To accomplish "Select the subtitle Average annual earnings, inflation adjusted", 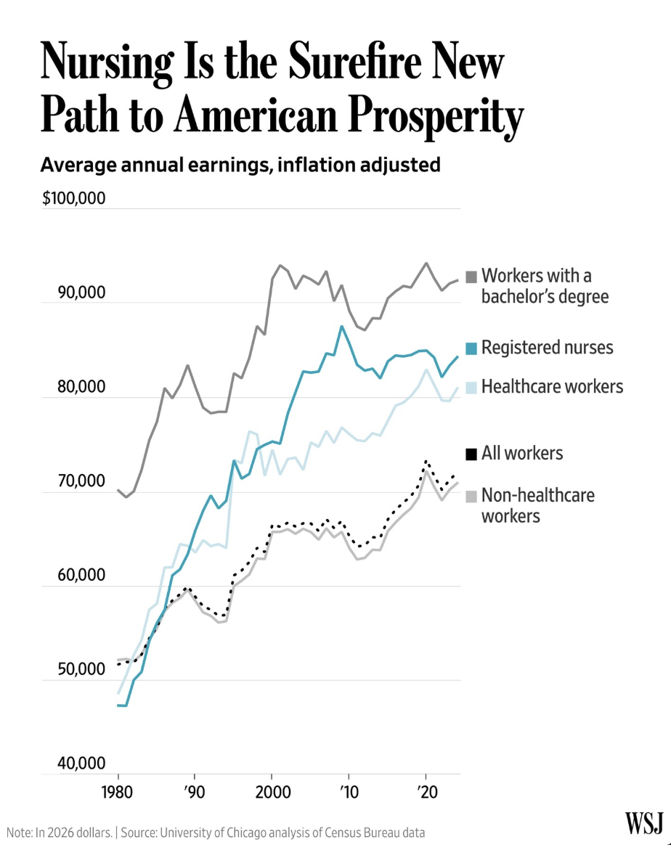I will (x=240, y=165).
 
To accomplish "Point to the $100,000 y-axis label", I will (x=74, y=199).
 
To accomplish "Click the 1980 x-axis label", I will (x=117, y=791).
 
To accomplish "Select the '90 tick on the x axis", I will (x=193, y=791).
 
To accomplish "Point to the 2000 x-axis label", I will (x=271, y=791).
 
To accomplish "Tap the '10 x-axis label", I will (x=349, y=791).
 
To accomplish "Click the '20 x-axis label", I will (x=426, y=791).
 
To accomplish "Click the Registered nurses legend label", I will (x=547, y=348).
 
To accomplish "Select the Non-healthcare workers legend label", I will (x=537, y=505).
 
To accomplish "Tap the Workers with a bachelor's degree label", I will (x=545, y=286).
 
